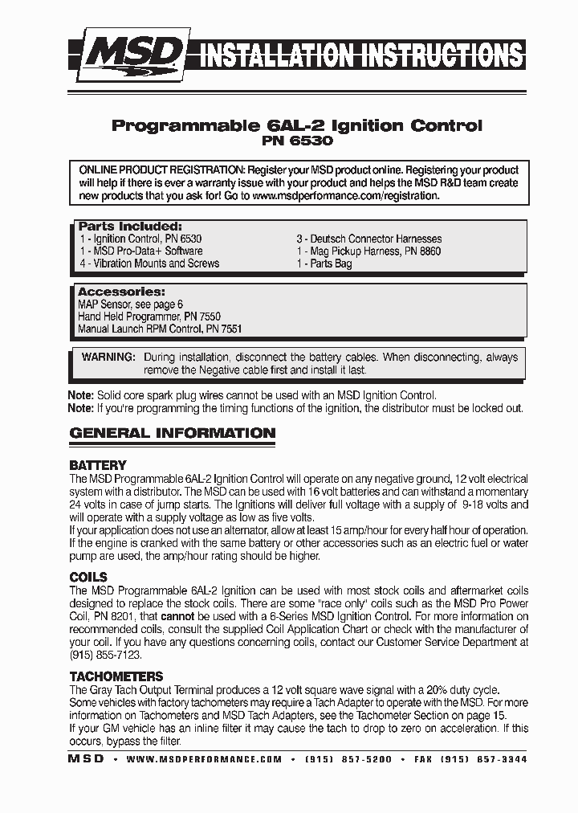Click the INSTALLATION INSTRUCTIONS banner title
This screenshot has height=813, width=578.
(x=361, y=56)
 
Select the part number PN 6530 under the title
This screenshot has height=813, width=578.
(x=296, y=141)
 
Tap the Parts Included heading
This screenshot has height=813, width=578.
(x=129, y=227)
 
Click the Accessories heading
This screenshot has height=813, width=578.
(x=121, y=292)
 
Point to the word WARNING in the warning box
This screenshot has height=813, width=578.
(x=108, y=357)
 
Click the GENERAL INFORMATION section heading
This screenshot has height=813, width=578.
(x=173, y=433)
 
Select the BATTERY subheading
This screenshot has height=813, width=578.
(x=98, y=465)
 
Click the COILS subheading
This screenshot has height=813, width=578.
(x=88, y=577)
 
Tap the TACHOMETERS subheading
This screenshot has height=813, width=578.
(x=116, y=676)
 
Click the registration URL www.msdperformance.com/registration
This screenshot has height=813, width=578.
(x=346, y=195)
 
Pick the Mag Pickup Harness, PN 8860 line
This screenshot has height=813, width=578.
(x=368, y=251)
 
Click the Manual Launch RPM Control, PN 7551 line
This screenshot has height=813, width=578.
(x=160, y=329)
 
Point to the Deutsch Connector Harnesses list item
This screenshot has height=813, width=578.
(x=368, y=239)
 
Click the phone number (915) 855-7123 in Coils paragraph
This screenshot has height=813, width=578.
(x=100, y=655)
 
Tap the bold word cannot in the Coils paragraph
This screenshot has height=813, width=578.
(x=177, y=616)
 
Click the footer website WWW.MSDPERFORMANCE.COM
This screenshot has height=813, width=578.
(x=204, y=759)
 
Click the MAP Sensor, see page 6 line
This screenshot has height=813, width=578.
(x=130, y=304)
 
